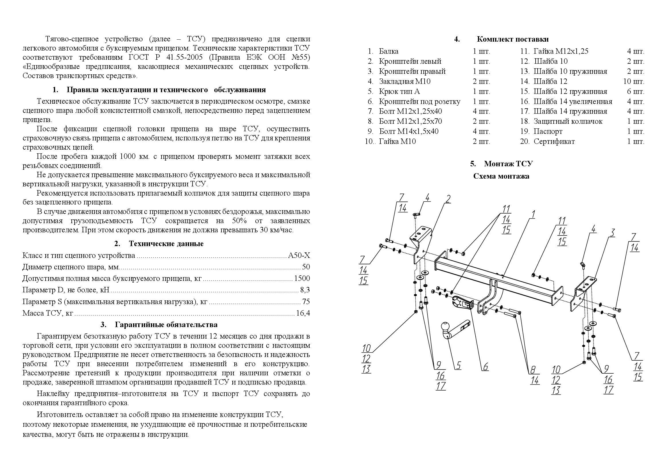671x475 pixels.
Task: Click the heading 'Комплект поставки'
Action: [x=512, y=39]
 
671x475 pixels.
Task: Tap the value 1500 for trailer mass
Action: [x=302, y=279]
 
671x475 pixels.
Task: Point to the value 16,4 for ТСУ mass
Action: [x=303, y=313]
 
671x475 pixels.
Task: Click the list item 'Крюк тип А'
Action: [x=399, y=92]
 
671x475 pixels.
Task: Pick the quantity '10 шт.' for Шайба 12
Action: [x=633, y=81]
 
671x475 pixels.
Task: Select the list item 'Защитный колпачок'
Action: [x=568, y=121]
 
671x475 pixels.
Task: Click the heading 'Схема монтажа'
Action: [x=501, y=176]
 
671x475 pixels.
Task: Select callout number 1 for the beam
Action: [x=533, y=215]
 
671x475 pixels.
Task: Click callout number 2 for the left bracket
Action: [x=448, y=199]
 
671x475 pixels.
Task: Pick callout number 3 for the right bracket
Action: [x=612, y=233]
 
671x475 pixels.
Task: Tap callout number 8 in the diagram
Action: [x=533, y=370]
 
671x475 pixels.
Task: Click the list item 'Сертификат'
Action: [x=554, y=142]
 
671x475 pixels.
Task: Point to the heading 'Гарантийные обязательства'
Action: [x=166, y=325]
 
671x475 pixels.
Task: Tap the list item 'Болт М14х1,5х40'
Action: [x=409, y=131]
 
